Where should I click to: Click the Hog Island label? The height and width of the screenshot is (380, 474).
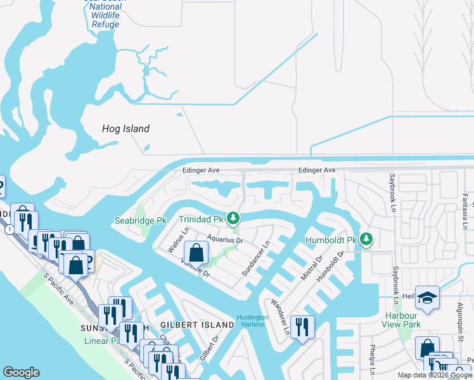125,129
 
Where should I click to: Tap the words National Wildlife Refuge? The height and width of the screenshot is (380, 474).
101,15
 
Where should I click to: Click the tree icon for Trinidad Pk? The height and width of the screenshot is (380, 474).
233,219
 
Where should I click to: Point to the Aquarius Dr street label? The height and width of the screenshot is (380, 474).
225,241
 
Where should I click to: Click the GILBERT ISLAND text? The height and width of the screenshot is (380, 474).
197,325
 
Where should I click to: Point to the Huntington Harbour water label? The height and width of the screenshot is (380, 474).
252,321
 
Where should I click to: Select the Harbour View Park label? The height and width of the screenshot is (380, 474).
402,320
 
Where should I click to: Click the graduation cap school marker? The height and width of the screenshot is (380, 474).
427,298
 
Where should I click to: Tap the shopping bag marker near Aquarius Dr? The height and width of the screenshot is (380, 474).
197,253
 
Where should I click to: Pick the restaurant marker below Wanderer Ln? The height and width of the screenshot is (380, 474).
302,327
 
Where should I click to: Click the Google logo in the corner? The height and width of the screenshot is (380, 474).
22,372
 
